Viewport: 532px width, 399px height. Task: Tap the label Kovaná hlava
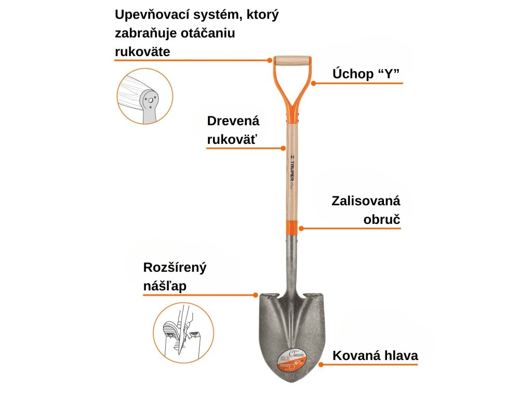click(x=375, y=356)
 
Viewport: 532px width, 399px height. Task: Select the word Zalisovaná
click(x=366, y=201)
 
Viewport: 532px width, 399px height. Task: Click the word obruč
click(x=382, y=219)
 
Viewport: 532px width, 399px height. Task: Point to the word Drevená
click(x=233, y=121)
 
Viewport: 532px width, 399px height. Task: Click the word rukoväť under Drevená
click(x=233, y=139)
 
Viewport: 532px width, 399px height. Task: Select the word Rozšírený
click(x=175, y=268)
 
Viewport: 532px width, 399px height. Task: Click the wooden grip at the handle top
click(x=292, y=60)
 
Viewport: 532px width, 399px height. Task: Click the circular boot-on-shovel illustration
click(x=183, y=332)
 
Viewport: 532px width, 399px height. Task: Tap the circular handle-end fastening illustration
click(x=144, y=96)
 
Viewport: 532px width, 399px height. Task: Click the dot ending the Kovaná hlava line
click(x=320, y=365)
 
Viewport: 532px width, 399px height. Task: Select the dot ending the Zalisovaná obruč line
click(x=301, y=228)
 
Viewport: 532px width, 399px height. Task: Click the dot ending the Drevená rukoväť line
click(x=283, y=148)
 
